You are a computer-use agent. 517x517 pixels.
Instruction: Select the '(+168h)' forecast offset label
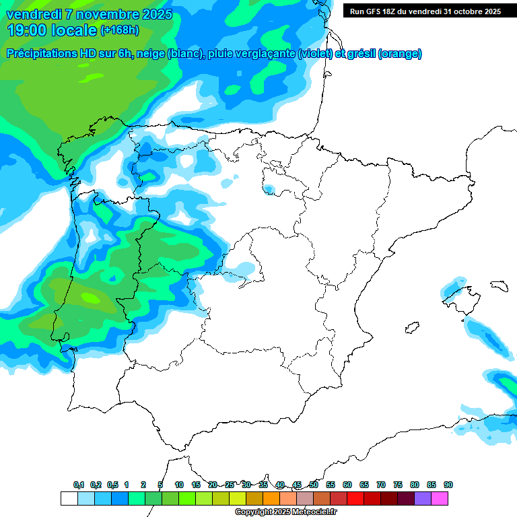click(x=119, y=30)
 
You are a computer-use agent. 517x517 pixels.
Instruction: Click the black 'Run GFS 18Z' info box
click(x=425, y=11)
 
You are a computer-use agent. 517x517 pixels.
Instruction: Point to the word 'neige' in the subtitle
click(x=151, y=54)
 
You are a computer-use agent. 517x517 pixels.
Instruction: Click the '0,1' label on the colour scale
click(x=79, y=485)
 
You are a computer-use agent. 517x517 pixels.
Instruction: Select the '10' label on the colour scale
click(x=179, y=485)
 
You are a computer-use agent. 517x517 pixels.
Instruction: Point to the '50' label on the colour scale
click(x=314, y=485)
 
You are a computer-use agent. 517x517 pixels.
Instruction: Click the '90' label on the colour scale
click(x=448, y=485)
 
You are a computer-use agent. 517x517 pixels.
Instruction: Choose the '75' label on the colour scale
click(x=398, y=485)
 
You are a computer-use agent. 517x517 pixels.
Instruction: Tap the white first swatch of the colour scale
click(x=69, y=498)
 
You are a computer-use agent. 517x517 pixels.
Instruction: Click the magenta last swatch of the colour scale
click(x=440, y=498)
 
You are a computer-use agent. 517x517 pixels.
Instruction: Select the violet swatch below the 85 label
click(x=423, y=498)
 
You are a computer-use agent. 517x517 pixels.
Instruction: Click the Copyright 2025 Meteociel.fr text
click(x=285, y=512)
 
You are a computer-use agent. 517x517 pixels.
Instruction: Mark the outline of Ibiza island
click(x=411, y=329)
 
